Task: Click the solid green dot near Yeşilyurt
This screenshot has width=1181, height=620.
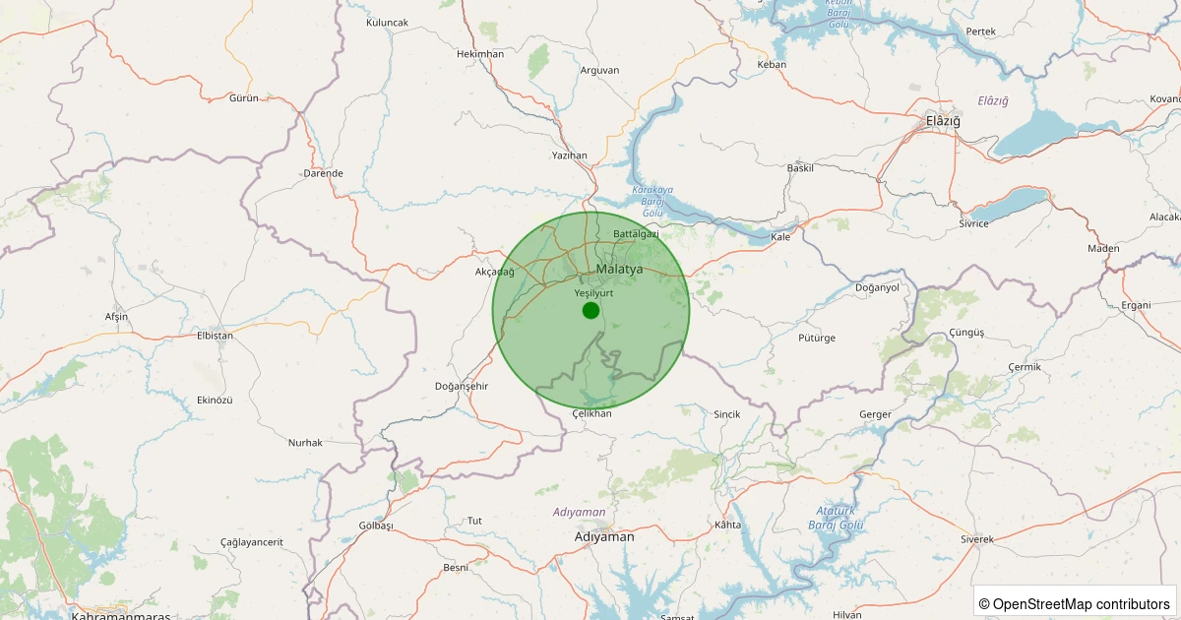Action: pos(590,311)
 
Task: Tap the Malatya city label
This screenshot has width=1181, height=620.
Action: pos(619,269)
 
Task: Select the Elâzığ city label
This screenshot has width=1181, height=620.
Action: pos(943,121)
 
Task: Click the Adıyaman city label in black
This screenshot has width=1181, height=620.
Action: pos(604,537)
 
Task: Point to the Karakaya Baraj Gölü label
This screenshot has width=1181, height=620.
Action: pos(653,200)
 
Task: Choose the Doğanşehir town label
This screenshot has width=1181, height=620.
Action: pos(462,386)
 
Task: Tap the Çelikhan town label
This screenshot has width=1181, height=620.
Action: pos(591,413)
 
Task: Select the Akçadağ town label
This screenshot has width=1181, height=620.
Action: pos(495,272)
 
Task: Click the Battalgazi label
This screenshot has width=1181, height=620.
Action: pos(636,234)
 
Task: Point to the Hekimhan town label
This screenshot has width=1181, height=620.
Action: pos(480,54)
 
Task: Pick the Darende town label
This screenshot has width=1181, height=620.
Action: pos(324,173)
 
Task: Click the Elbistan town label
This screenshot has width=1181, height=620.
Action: pos(216,336)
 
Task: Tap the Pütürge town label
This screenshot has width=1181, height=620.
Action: pos(817,338)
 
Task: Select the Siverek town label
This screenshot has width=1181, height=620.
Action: pos(977,539)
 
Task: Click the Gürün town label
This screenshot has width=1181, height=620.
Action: pos(243,98)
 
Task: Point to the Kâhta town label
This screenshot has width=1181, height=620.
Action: pos(728,525)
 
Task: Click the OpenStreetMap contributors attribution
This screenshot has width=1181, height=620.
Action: pos(1075,603)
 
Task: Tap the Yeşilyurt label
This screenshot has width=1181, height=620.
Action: pos(593,292)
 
